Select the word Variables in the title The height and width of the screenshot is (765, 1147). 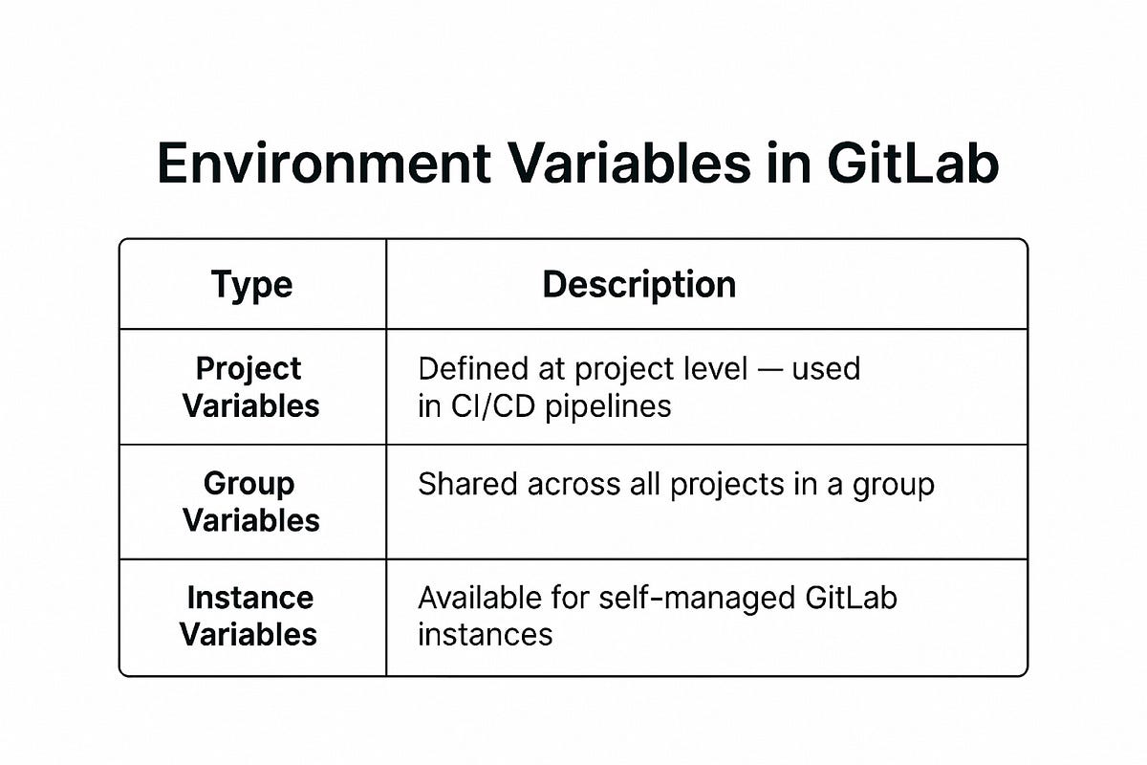tap(614, 164)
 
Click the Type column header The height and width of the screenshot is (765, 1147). tap(251, 285)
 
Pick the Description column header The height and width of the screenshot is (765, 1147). tap(639, 285)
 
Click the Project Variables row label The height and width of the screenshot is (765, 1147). tap(250, 387)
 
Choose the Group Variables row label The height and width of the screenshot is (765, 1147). tap(250, 502)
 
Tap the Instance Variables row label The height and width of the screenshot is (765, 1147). tap(249, 616)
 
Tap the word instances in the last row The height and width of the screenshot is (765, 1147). tap(485, 634)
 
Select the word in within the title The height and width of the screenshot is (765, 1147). tap(789, 164)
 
